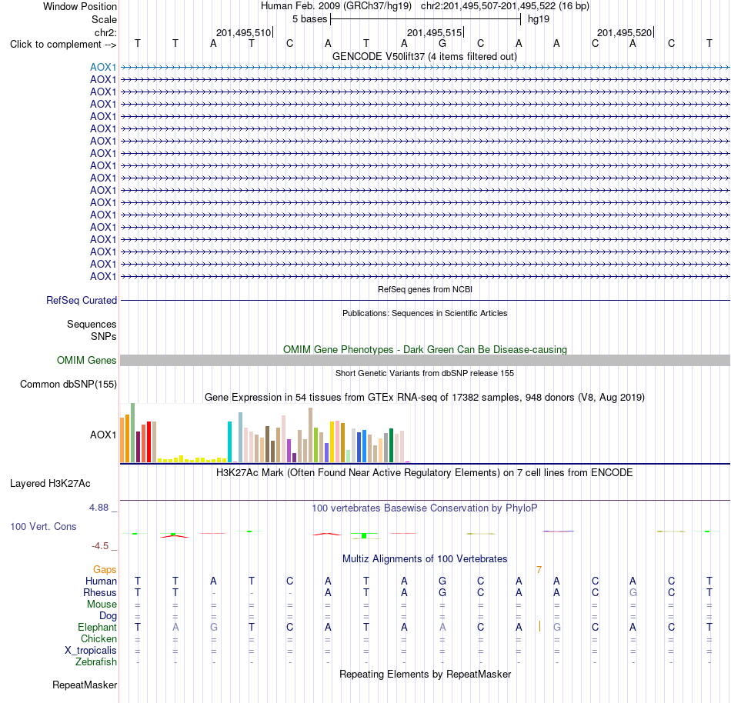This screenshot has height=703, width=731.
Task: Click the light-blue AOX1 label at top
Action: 103,67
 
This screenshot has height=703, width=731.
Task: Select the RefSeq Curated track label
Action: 82,301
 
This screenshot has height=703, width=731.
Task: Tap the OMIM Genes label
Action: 87,360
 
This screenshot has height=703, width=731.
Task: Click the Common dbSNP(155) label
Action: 68,385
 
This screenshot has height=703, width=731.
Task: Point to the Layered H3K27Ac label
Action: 50,484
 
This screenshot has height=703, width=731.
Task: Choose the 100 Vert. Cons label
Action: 43,526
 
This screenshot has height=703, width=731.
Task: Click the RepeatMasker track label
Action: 85,685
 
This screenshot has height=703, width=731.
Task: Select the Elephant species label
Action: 97,627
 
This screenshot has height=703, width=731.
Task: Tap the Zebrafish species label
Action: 96,661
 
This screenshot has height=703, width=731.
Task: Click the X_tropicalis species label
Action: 91,651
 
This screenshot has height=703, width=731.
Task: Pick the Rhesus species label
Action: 100,592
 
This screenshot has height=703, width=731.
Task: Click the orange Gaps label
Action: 105,569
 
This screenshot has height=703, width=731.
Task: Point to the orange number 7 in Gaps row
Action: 539,570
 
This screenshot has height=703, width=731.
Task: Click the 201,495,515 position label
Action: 435,32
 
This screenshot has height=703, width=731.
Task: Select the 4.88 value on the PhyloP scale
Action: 98,508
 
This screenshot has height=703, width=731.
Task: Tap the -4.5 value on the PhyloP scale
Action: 100,545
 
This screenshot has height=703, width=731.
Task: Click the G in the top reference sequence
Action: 442,44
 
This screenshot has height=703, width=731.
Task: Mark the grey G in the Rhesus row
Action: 633,592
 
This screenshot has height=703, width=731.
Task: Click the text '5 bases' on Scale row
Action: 309,19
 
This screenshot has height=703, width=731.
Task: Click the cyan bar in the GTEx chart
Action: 229,441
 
